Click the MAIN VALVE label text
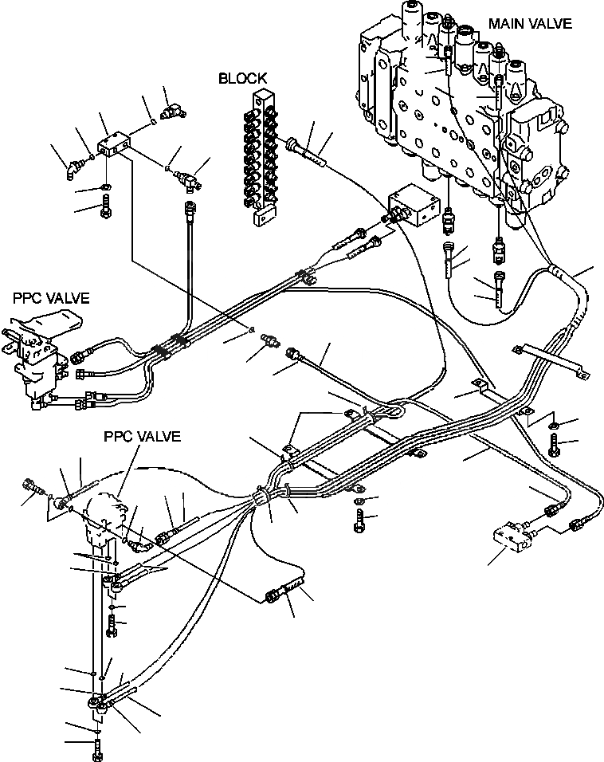coord(530,23)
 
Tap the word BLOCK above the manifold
coord(242,77)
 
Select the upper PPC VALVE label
coord(51,298)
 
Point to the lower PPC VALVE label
coord(142,437)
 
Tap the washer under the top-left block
coord(106,189)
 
